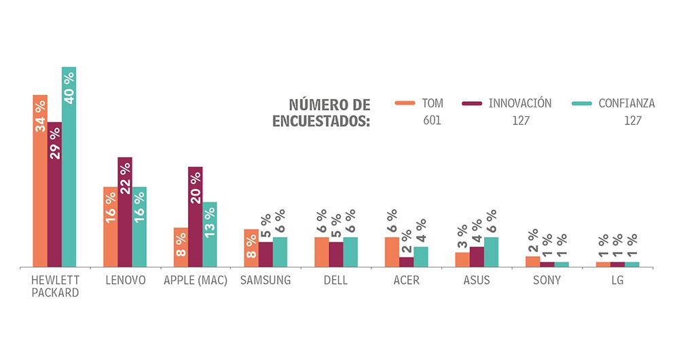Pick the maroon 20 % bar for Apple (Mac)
click(195, 217)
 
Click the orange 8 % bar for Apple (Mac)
click(181, 247)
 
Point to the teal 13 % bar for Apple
click(210, 234)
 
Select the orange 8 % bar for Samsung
click(251, 248)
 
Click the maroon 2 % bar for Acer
click(406, 262)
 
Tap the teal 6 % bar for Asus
click(491, 252)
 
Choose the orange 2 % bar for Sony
click(533, 262)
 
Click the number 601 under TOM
click(431, 121)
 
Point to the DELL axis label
click(335, 280)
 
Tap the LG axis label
click(617, 280)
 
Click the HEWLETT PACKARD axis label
click(55, 286)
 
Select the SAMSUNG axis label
click(265, 280)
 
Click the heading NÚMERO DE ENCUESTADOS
click(321, 113)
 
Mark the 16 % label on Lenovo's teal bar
click(139, 207)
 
